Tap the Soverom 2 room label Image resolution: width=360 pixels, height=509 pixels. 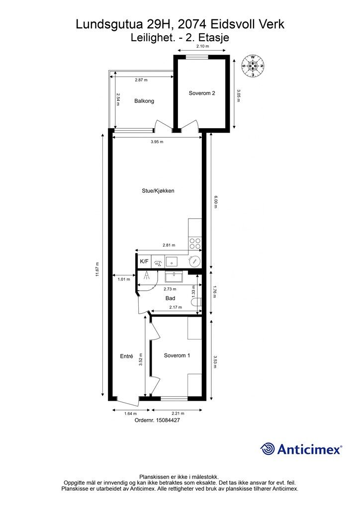pos(202,93)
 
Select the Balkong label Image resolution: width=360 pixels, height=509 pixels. pos(144,101)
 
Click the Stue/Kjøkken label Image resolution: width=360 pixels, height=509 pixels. pos(158,191)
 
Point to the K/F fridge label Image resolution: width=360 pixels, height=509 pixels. pos(144,261)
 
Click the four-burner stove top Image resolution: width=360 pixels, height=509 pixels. pos(195,244)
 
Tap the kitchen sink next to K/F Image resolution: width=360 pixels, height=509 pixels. pos(172,261)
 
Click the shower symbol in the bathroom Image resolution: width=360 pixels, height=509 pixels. pos(147,276)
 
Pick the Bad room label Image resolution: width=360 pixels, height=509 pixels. pos(171,298)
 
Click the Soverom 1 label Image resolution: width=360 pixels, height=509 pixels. pos(177,355)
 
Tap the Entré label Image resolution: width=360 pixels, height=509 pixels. pos(127,356)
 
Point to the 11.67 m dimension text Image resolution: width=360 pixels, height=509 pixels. pos(97,269)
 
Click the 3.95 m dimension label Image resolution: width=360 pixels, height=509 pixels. pos(157,142)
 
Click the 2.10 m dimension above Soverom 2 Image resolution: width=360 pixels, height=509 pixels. pos(202,46)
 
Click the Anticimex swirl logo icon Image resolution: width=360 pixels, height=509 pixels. pos(268,449)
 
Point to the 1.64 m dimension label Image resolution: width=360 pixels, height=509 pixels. pos(130,414)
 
